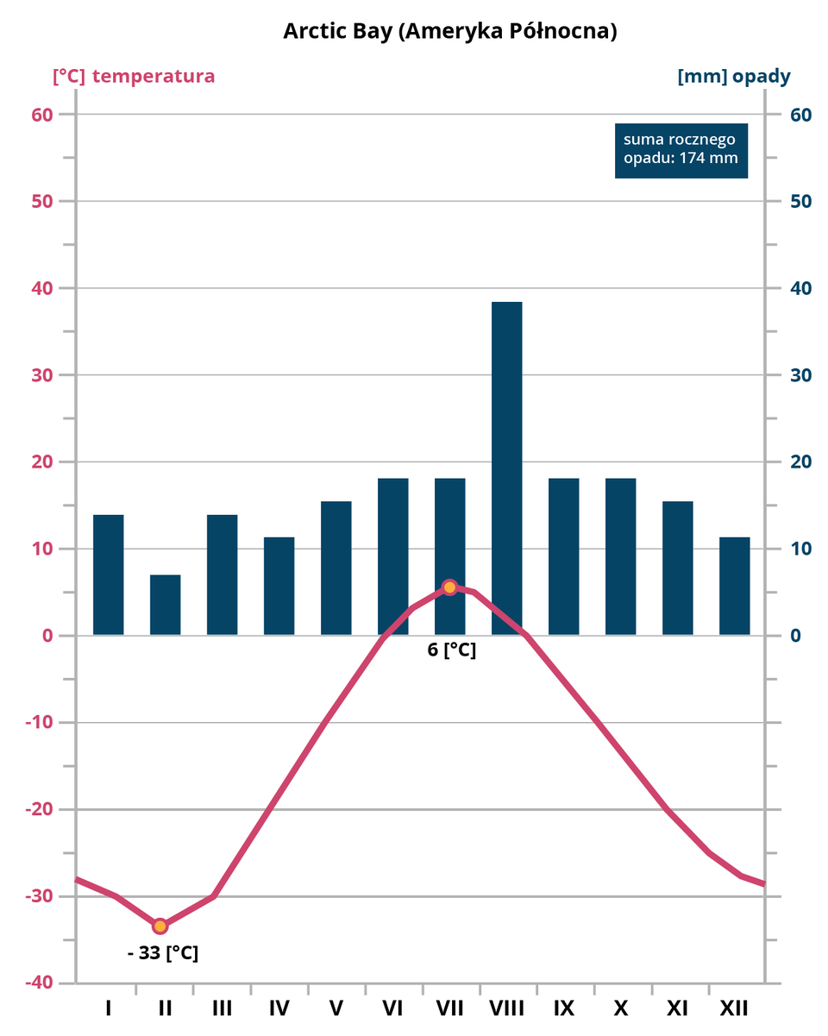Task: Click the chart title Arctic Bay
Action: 450,31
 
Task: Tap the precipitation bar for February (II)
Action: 166,605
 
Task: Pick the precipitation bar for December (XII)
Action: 735,586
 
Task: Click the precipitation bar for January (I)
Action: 109,575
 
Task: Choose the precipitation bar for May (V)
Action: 336,568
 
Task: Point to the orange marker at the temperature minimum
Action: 160,926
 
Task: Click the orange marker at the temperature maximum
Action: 449,587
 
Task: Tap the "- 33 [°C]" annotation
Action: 163,953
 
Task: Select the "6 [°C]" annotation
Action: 452,650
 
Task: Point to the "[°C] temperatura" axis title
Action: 134,76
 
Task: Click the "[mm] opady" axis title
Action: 734,76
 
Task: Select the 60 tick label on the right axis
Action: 801,115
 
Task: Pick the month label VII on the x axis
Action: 450,1008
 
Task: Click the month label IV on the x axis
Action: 279,1008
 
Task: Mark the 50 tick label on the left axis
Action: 42,202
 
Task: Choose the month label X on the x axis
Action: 621,1008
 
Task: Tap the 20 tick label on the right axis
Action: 801,462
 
